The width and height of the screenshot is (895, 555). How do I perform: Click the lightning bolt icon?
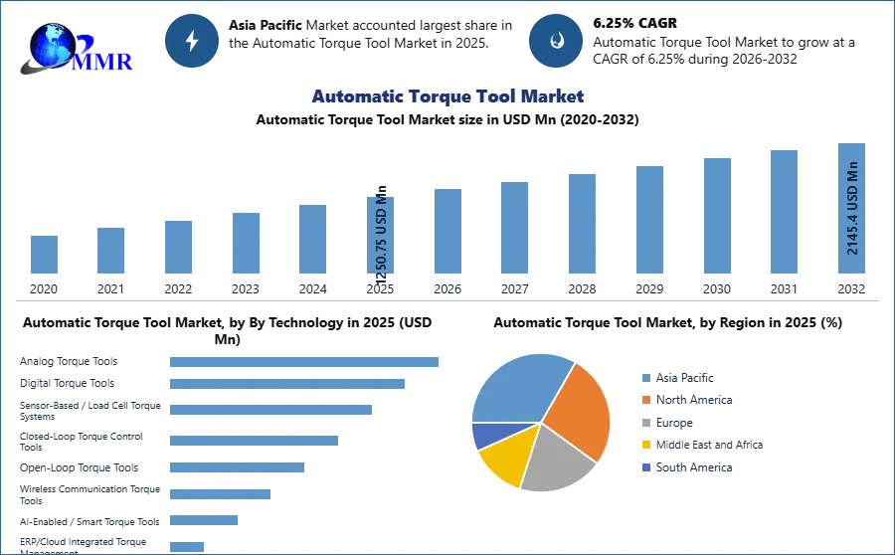click(192, 41)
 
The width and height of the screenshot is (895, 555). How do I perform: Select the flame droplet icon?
click(556, 41)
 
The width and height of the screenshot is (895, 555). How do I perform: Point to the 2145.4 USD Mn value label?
click(852, 208)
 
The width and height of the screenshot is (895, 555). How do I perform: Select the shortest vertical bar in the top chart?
click(43, 255)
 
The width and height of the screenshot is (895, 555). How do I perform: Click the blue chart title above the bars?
click(447, 96)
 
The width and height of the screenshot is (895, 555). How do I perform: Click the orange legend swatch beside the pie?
click(645, 400)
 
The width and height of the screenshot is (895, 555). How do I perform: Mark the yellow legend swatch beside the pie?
click(645, 446)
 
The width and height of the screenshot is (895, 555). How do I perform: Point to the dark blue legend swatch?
click(645, 468)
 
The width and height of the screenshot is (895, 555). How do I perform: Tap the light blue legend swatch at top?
click(645, 377)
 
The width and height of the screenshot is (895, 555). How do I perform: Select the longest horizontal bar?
click(305, 362)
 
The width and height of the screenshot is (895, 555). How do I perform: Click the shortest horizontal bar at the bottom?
click(187, 546)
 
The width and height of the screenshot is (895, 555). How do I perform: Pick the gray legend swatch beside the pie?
click(645, 423)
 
